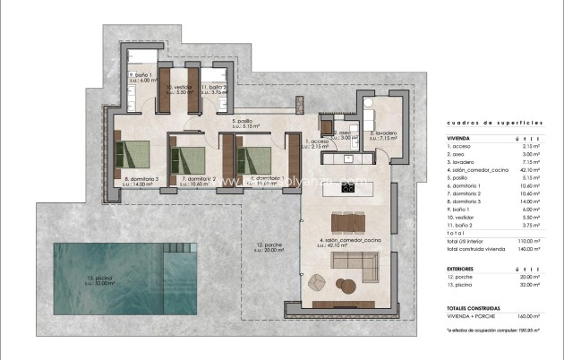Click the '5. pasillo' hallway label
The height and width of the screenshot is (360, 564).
click(245, 123)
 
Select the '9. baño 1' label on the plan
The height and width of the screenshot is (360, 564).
click(141, 77)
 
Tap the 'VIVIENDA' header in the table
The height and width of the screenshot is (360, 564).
click(458, 140)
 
